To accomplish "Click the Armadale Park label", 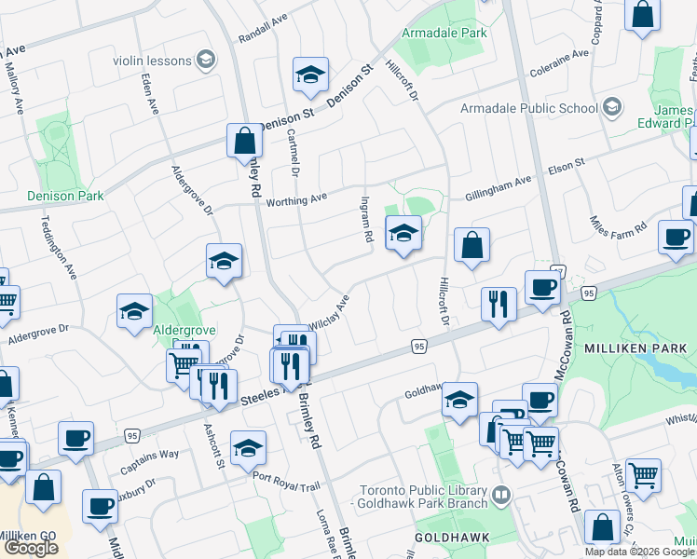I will click(444, 33).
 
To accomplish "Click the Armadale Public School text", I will click(529, 109).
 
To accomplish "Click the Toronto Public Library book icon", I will click(501, 493).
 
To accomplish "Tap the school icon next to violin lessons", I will click(205, 61).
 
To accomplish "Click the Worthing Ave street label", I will click(296, 198).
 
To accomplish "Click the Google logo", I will click(31, 548).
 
